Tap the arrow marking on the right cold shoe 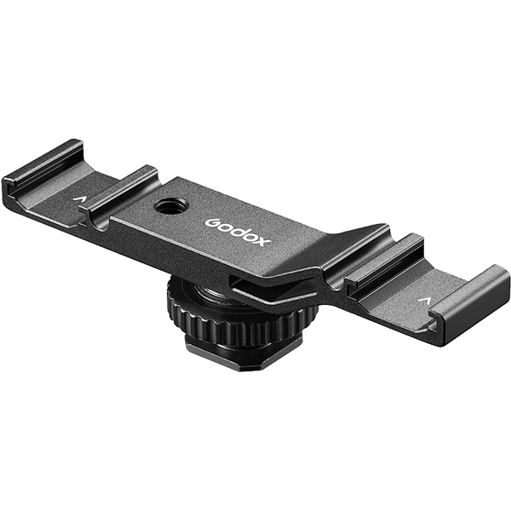423,300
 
